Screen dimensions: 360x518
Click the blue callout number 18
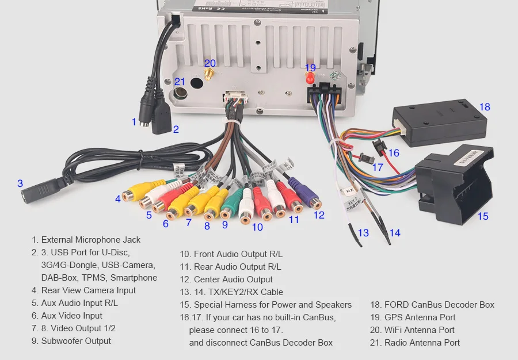pos(485,107)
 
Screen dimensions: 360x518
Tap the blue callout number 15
pos(482,216)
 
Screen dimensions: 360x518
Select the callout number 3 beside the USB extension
pos(20,184)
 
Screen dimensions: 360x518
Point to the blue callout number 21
pos(180,82)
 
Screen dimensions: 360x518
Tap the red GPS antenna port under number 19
pos(310,78)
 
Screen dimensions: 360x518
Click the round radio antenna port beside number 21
pos(180,93)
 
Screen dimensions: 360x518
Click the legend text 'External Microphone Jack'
pos(91,240)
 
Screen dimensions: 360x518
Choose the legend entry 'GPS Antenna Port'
pos(420,317)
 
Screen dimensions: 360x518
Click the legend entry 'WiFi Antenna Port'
pos(419,330)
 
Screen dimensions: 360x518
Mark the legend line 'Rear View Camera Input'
pos(89,290)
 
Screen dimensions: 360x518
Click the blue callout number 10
pos(257,227)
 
